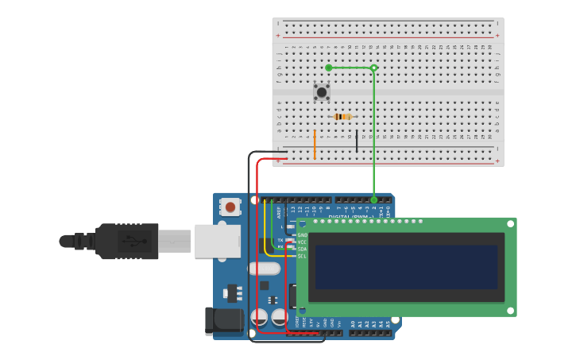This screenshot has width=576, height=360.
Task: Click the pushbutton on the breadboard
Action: tap(322, 92)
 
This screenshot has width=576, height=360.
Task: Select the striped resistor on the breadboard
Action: tap(342, 117)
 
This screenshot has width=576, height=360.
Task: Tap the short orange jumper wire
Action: tap(315, 145)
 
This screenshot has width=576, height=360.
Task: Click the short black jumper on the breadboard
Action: tap(357, 141)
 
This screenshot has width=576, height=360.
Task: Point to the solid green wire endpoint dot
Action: tap(329, 68)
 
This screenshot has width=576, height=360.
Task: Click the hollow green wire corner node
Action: tap(374, 68)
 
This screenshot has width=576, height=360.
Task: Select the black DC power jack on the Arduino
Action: tap(223, 319)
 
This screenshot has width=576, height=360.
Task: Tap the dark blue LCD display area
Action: tap(406, 266)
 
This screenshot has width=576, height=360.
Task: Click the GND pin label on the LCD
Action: tap(302, 235)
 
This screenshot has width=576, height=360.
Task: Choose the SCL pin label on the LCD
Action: tap(302, 256)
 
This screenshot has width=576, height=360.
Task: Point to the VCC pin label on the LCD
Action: tap(302, 242)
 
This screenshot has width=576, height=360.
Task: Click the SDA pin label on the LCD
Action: tap(302, 249)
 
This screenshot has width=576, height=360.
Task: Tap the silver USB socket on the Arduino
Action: tap(217, 241)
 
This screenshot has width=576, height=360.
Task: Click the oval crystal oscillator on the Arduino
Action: tap(264, 269)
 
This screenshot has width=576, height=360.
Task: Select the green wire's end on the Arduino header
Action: tap(374, 200)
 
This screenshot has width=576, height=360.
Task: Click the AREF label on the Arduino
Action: tap(279, 212)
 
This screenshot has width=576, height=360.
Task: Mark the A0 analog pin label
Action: tap(353, 324)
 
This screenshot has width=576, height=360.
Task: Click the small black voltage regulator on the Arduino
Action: tap(232, 292)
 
